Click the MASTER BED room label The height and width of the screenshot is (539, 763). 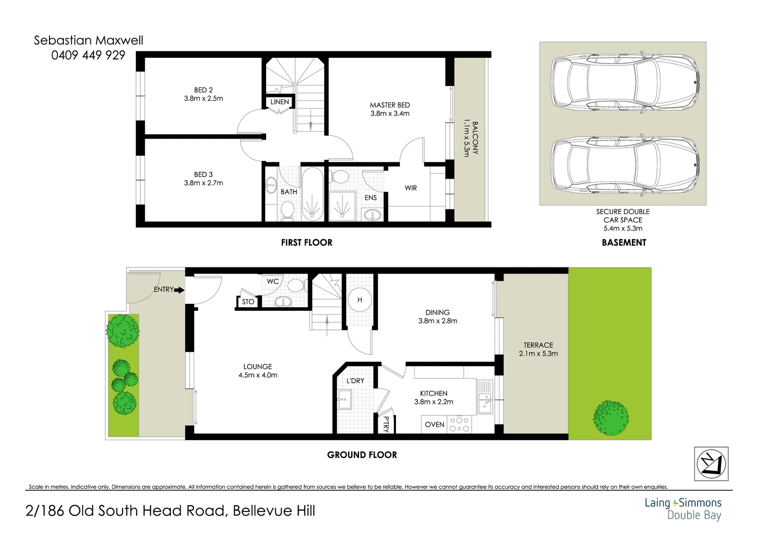point(389,105)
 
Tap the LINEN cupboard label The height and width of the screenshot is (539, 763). point(279,102)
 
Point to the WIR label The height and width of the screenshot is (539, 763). point(410,188)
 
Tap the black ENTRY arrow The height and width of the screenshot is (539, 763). point(180,290)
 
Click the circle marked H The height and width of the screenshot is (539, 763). point(360,300)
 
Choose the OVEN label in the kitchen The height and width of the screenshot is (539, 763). point(434,425)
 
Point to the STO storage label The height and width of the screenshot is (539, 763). point(248,302)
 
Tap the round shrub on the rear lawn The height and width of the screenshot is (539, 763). point(610,418)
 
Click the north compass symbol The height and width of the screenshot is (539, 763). point(711,464)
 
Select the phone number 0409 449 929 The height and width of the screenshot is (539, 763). point(88,55)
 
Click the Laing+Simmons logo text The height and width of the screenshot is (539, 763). point(683,503)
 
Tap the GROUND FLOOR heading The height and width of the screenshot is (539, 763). point(362,455)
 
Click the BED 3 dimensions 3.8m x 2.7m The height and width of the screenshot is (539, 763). point(203,183)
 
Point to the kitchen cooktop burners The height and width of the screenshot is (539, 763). point(459,424)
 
